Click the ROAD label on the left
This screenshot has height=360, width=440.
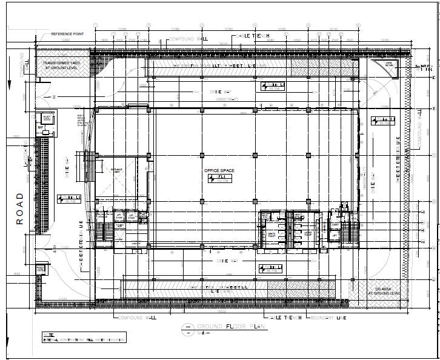coord(20,208)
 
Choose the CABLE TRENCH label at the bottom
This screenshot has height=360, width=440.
coord(285,317)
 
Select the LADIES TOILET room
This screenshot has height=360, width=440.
coord(308,233)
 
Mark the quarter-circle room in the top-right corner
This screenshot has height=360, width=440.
coord(387,68)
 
